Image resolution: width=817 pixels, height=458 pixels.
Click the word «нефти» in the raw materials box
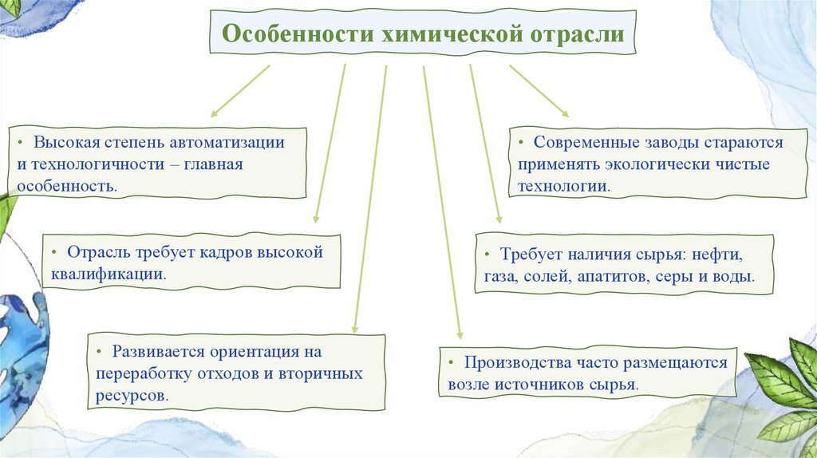tap(718, 255)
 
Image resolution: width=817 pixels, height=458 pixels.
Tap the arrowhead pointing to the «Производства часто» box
tap(459, 336)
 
